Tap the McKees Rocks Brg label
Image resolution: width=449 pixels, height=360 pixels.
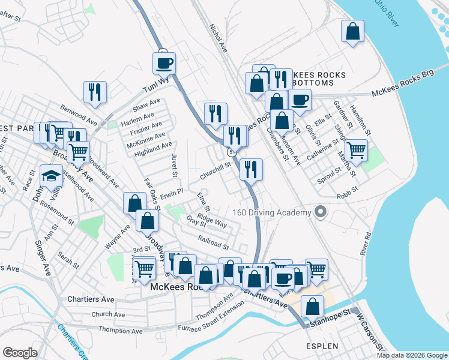pos(402,91)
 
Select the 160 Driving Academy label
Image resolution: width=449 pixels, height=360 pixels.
pos(272,213)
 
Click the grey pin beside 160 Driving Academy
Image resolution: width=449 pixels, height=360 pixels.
pos(321,212)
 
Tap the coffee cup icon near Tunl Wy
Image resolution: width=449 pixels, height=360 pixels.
pos(164,62)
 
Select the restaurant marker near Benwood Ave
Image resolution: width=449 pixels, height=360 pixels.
pos(95,91)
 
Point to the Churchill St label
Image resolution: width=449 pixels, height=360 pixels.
pos(215,172)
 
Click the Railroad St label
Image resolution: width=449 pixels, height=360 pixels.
pos(213,242)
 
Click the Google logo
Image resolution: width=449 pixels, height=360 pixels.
pos(20,352)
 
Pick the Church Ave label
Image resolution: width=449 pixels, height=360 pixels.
pos(108,314)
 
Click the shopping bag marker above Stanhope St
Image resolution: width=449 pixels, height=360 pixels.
pos(312,307)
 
